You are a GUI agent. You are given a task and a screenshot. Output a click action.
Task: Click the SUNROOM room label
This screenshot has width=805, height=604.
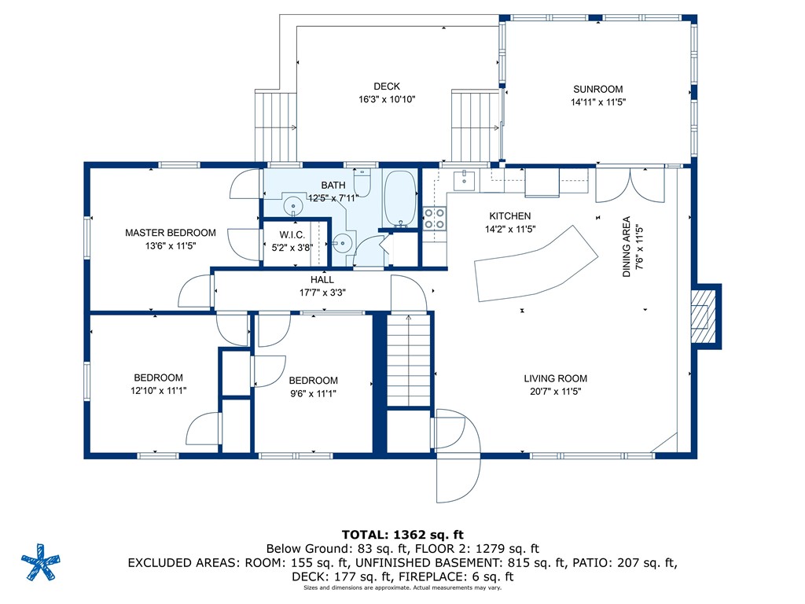pyautogui.click(x=598, y=89)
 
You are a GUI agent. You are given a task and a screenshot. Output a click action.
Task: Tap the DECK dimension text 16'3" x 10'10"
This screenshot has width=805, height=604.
pyautogui.click(x=387, y=99)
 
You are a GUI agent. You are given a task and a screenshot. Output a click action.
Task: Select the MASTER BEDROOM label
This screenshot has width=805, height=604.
pyautogui.click(x=171, y=233)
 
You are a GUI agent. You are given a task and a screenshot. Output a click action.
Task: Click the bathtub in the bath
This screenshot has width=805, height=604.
pyautogui.click(x=400, y=199)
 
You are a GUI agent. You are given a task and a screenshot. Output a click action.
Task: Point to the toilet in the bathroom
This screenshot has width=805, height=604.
pyautogui.click(x=362, y=182)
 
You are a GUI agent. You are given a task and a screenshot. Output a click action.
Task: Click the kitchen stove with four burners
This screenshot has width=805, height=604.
pyautogui.click(x=434, y=218)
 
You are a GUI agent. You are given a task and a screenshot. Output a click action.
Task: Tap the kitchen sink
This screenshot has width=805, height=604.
pyautogui.click(x=464, y=180)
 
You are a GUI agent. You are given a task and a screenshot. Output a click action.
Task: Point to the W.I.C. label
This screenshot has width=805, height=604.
pyautogui.click(x=292, y=234)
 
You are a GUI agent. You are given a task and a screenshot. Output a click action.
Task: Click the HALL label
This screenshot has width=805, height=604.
pyautogui.click(x=322, y=279)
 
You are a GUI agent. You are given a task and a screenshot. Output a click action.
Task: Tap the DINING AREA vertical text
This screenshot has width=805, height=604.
pyautogui.click(x=627, y=246)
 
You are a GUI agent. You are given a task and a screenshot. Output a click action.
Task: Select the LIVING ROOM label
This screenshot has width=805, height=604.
pyautogui.click(x=556, y=378)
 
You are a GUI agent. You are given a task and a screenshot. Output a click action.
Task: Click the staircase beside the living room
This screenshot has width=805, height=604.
pyautogui.click(x=409, y=360)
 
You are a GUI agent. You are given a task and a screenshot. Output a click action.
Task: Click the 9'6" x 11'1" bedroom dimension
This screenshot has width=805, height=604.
pyautogui.click(x=313, y=393)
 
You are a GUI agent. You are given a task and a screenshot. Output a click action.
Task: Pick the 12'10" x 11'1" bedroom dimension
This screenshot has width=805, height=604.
pyautogui.click(x=158, y=390)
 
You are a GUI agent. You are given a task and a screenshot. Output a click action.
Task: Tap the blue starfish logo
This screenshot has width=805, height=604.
pyautogui.click(x=41, y=562)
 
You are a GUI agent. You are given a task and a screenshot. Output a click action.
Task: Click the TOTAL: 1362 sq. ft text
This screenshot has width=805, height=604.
pyautogui.click(x=402, y=535)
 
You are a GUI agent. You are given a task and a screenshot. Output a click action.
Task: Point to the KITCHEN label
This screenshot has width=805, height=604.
pyautogui.click(x=509, y=216)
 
